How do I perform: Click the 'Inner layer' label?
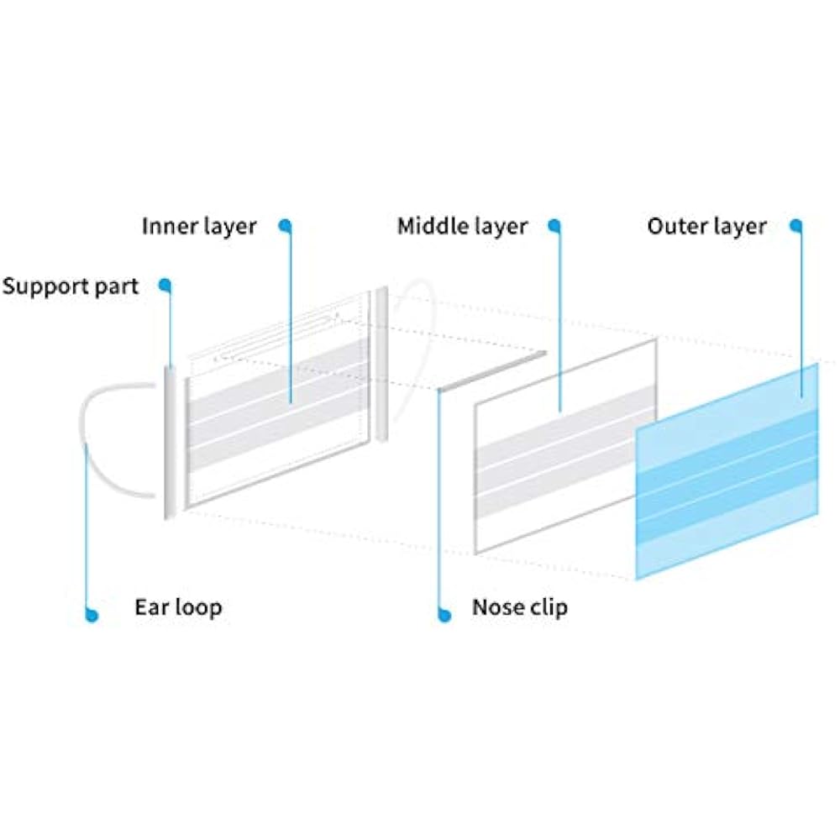click(199, 227)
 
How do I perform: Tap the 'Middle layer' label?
click(462, 227)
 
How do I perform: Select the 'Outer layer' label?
click(706, 227)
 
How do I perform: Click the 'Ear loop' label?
click(178, 606)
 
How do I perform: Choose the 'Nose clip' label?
click(519, 606)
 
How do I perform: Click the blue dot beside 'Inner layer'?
click(286, 225)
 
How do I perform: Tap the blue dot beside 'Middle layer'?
click(554, 225)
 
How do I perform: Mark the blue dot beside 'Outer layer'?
click(796, 225)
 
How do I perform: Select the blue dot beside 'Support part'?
click(165, 285)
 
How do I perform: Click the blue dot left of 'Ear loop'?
click(92, 616)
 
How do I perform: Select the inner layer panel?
click(277, 420)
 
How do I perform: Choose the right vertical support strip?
click(382, 365)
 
